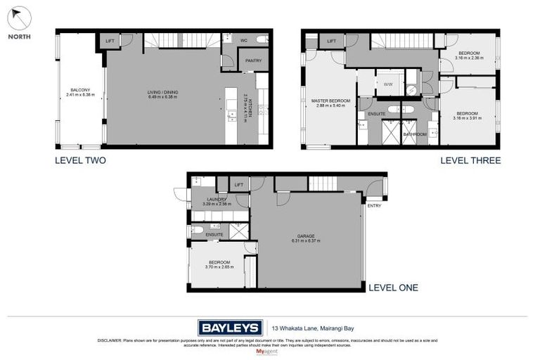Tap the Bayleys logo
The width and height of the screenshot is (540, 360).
[230, 327]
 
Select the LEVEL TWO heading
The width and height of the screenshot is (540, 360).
[80, 160]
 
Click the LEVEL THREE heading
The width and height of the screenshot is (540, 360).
[470, 160]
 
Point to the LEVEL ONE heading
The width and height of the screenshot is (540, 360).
[393, 287]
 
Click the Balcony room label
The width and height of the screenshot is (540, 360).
[80, 90]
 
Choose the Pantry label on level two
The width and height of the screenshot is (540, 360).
[254, 61]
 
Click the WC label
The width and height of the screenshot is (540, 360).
[244, 40]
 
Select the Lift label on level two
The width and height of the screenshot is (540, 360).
[110, 41]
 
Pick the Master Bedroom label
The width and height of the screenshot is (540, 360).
[330, 101]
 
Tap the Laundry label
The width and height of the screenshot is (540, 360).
[217, 200]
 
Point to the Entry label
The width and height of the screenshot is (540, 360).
[374, 205]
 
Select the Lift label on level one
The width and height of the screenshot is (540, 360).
[239, 185]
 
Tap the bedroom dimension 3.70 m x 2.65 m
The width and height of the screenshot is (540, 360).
[216, 267]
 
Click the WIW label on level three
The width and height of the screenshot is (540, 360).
[388, 84]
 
